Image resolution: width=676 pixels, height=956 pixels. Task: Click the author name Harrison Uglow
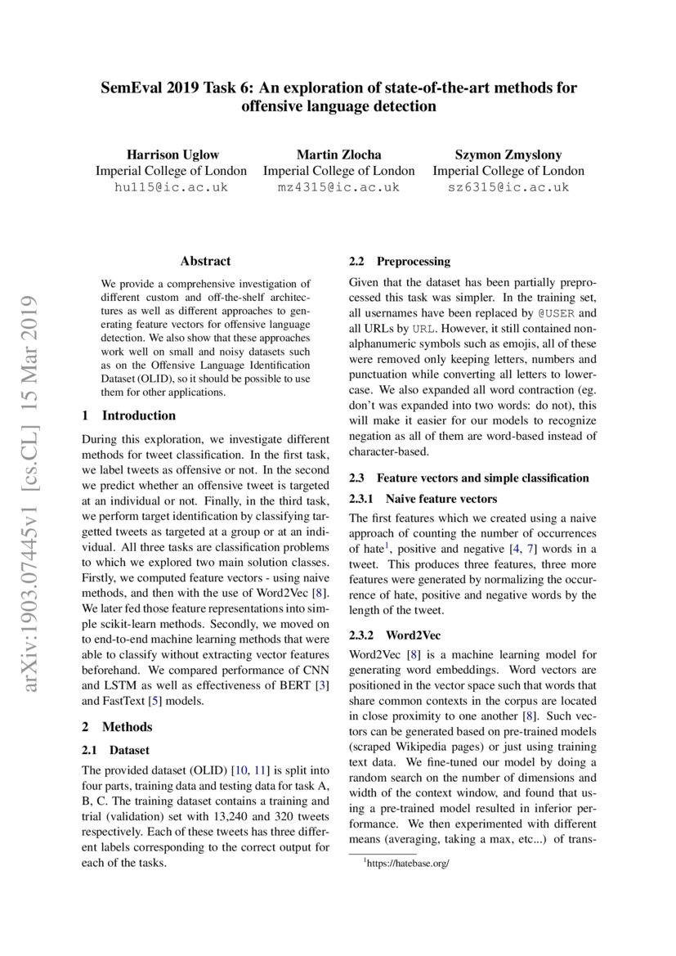pyautogui.click(x=171, y=155)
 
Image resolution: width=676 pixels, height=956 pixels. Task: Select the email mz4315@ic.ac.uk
pyautogui.click(x=338, y=187)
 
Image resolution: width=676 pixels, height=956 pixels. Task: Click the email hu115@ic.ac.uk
pyautogui.click(x=171, y=187)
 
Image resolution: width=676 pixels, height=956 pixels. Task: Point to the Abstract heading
pyautogui.click(x=205, y=262)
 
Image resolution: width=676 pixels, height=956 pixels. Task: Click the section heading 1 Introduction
pyautogui.click(x=129, y=415)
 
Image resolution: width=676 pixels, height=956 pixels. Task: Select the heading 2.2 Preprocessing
pyautogui.click(x=400, y=262)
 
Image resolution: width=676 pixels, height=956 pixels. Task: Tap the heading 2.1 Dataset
pyautogui.click(x=117, y=749)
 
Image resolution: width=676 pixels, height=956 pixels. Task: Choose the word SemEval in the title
pyautogui.click(x=132, y=88)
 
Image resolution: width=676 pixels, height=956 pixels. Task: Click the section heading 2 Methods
pyautogui.click(x=118, y=726)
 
